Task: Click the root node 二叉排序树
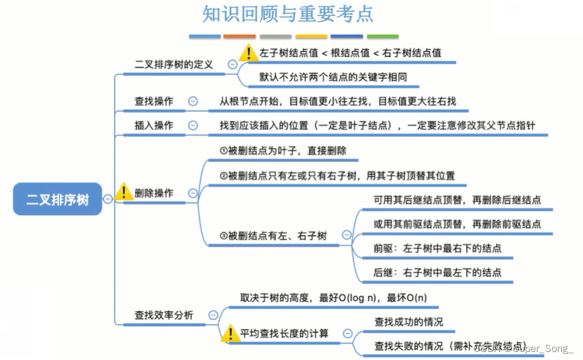(57, 199)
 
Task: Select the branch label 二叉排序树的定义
(174, 64)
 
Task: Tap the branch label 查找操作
(154, 101)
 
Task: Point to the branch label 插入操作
(154, 125)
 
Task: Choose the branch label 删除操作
(154, 193)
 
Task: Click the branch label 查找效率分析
(164, 315)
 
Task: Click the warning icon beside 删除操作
(124, 191)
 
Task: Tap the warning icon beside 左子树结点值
(249, 53)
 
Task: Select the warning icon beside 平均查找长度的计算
(230, 333)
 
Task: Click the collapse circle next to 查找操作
(193, 101)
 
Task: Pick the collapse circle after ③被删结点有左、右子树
(346, 235)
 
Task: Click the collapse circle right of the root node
(108, 199)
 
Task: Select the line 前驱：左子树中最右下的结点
(437, 248)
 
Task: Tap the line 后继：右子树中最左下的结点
(437, 272)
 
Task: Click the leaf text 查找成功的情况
(409, 322)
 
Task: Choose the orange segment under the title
(239, 36)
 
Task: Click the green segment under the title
(383, 36)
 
